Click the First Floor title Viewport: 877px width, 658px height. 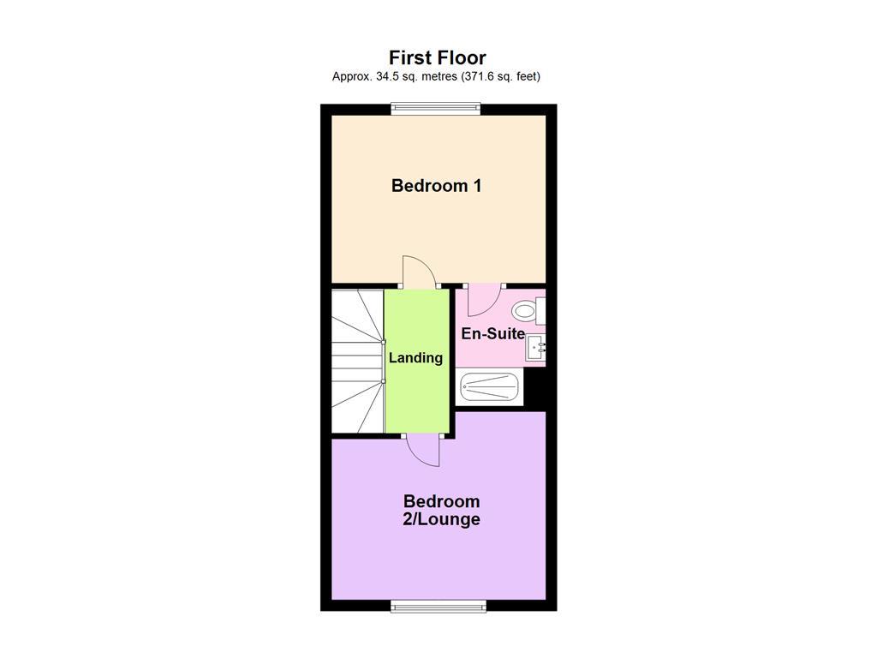click(437, 57)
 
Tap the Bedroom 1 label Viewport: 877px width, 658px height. click(436, 185)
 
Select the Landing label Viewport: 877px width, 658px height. click(415, 357)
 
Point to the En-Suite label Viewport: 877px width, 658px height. click(492, 333)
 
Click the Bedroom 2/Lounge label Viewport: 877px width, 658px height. click(442, 510)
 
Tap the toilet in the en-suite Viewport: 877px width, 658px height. click(524, 311)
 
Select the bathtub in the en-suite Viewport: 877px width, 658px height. click(490, 387)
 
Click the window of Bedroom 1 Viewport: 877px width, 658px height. click(436, 109)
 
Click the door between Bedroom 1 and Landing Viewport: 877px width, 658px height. click(420, 272)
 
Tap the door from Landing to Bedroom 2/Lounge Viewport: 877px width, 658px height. click(422, 449)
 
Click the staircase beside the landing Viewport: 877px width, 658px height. click(356, 360)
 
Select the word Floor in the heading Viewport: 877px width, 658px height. click(462, 57)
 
